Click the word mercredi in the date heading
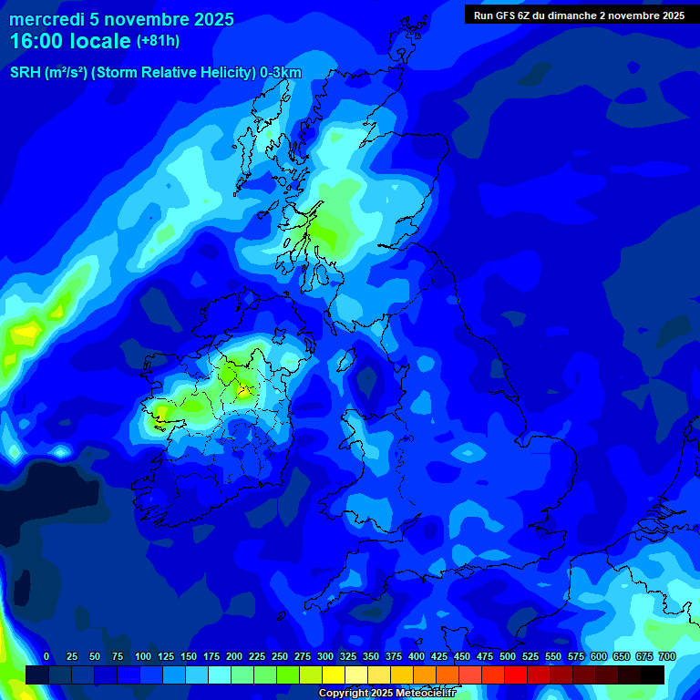[47, 19]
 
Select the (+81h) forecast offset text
[158, 41]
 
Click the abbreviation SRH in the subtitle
[25, 73]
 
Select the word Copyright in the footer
[342, 694]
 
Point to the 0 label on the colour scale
[46, 656]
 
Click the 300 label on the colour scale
[325, 656]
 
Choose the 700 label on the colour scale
[667, 656]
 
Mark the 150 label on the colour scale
[189, 656]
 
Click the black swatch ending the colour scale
[653, 674]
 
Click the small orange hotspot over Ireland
[243, 392]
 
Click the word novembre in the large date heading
[146, 19]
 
